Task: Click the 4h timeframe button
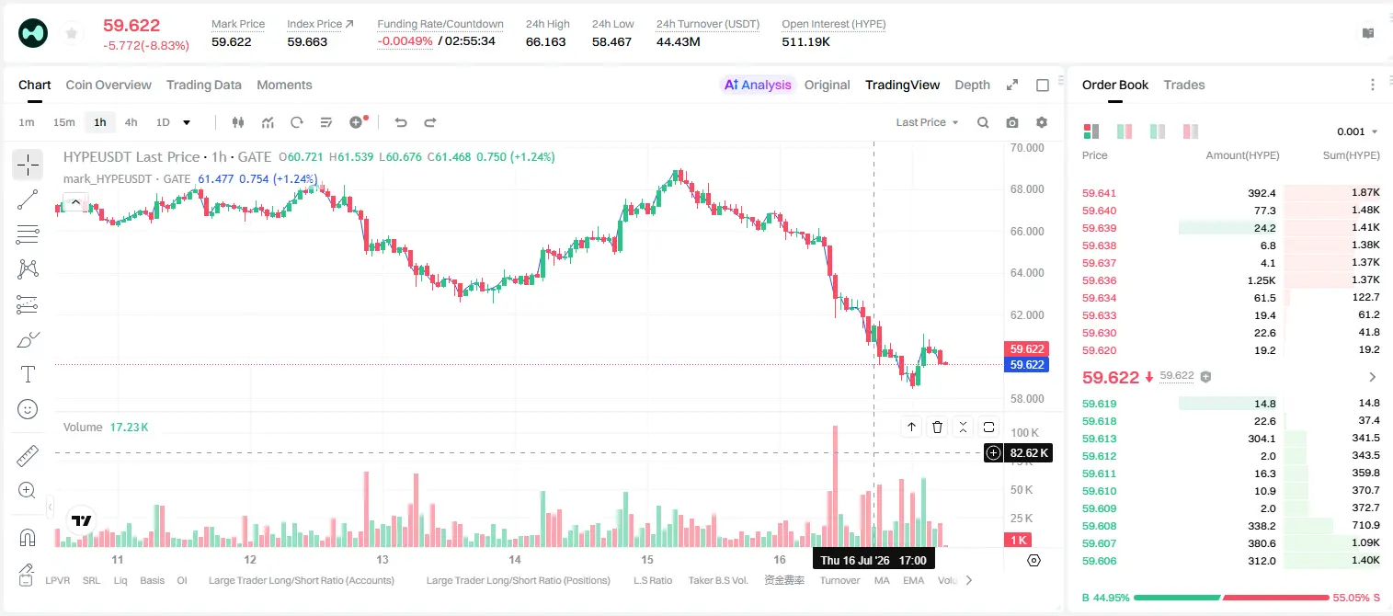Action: tap(131, 122)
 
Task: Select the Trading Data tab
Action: tap(203, 85)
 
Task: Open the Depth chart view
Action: tap(972, 85)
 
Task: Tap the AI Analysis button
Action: tap(758, 85)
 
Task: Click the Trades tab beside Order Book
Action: tap(1183, 85)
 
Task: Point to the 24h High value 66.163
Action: tap(545, 41)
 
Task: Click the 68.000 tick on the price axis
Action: tap(1027, 189)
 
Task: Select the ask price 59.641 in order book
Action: tap(1099, 193)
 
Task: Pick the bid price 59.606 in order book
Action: tap(1099, 561)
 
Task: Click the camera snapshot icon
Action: tap(1012, 122)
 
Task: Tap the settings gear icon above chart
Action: tap(1042, 122)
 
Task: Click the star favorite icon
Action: tap(72, 33)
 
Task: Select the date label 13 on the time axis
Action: tap(382, 559)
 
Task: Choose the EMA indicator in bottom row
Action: tap(913, 580)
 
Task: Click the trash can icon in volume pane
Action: tap(937, 427)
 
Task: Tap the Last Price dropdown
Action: tap(927, 122)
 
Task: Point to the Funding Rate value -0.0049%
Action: tap(405, 41)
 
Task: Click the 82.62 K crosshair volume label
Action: tap(1029, 453)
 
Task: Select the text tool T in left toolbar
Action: tap(28, 374)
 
